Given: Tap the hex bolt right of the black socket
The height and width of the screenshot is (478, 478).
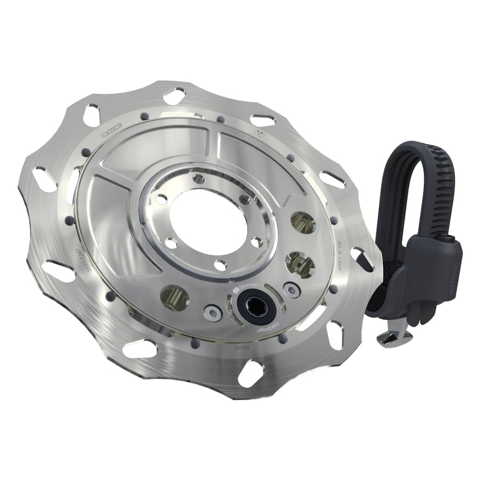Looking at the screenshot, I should coord(289,288).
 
